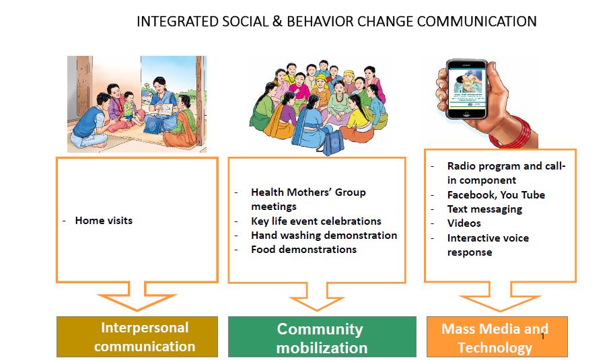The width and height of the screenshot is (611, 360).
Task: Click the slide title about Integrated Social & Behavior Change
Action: point(336,22)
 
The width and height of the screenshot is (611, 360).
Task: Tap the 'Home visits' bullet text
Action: point(104,221)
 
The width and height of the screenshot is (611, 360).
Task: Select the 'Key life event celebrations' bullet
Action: point(316,221)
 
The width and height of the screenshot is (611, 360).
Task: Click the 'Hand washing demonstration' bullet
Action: point(324,236)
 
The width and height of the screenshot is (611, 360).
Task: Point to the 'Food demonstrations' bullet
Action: point(303,250)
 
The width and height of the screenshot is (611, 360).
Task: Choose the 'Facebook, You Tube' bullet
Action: point(496,195)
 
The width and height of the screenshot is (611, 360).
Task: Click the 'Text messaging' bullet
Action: point(484,209)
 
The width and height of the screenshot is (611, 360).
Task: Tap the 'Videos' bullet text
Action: point(464,223)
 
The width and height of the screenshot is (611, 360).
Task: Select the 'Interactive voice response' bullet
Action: point(488,245)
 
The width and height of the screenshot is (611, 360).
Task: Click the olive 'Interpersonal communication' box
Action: point(137,336)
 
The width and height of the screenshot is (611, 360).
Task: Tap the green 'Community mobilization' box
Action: point(322,336)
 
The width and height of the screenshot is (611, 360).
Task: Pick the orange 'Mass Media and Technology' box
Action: point(497,336)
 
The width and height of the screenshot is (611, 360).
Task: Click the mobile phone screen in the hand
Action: point(466,89)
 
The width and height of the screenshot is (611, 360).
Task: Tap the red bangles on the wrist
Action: point(511,133)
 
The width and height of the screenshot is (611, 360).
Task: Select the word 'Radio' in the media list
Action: point(462,166)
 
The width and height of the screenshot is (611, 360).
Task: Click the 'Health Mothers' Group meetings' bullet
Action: point(308,199)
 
